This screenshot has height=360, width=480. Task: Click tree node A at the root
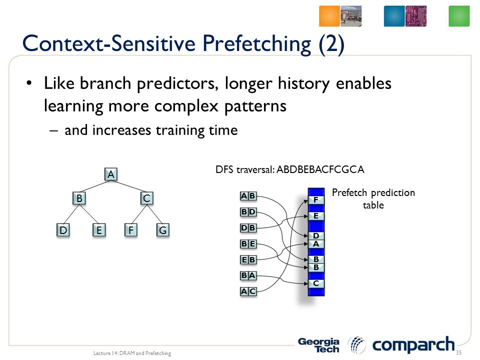pos(111,174)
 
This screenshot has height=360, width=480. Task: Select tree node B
pos(79,198)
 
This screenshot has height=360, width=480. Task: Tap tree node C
pos(146,198)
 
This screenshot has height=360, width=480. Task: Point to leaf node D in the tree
pos(63,230)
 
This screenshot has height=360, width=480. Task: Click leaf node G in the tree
pos(162,230)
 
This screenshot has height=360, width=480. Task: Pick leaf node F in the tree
pos(130,230)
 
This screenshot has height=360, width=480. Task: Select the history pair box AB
pos(248,196)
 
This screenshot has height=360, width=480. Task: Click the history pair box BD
pos(248,212)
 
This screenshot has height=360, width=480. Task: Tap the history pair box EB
pos(248,259)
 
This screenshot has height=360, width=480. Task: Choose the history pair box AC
pos(248,291)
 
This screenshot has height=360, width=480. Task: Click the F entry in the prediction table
pos(316,200)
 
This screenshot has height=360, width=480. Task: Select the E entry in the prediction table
pos(316,216)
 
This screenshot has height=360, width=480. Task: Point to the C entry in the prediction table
pos(316,283)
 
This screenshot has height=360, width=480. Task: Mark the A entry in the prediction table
pos(316,244)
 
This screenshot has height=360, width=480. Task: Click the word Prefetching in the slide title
pos(257,44)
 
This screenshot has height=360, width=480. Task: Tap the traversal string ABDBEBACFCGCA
pos(320,169)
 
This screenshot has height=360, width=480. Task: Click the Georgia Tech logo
pos(318,345)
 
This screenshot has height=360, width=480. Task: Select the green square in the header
pos(459,16)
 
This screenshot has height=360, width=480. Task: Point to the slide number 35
pos(458,352)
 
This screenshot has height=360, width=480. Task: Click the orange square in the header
pos(329,16)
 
